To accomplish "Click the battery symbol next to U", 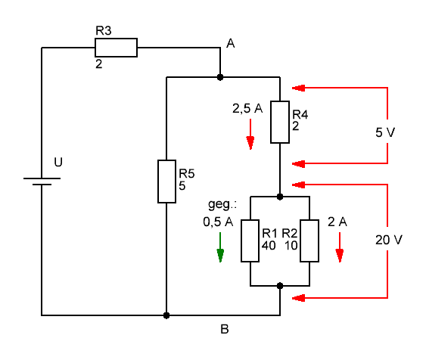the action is (42, 182).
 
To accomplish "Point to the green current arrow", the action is (220, 247).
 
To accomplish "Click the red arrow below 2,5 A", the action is (250, 134).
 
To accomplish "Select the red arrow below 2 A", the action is (340, 247).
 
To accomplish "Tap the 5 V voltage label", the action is (385, 132).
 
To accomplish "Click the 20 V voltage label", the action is (389, 240).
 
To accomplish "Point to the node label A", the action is (230, 43).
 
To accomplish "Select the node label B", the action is (225, 329).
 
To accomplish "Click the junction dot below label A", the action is (220, 77).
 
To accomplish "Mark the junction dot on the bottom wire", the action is (166, 315).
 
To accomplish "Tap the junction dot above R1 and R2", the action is (280, 197).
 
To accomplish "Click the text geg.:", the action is (222, 204).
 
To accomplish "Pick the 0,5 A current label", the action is (218, 222).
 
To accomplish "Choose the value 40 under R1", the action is (269, 246).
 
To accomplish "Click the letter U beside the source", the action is (58, 162).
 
